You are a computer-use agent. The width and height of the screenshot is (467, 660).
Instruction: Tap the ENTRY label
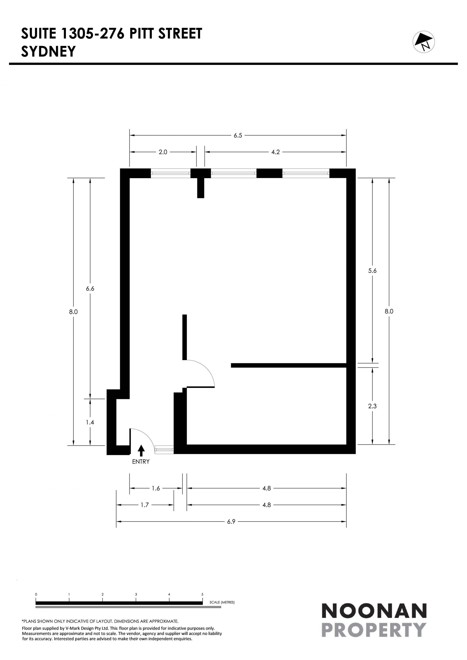pyautogui.click(x=141, y=462)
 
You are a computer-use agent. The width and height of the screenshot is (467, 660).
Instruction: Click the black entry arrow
pyautogui.click(x=141, y=450)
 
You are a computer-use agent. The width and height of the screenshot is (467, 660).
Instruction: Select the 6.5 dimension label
pyautogui.click(x=238, y=135)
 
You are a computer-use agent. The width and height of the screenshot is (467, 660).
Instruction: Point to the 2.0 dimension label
pyautogui.click(x=163, y=152)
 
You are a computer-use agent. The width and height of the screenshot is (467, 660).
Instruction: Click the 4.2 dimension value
pyautogui.click(x=276, y=152)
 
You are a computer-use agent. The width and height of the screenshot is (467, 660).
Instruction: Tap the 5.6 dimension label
pyautogui.click(x=372, y=271)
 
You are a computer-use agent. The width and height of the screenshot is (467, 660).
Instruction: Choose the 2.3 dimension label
pyautogui.click(x=372, y=406)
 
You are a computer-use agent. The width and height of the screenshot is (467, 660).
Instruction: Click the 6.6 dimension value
pyautogui.click(x=90, y=289)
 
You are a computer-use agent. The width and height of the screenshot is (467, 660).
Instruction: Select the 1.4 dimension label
pyautogui.click(x=90, y=422)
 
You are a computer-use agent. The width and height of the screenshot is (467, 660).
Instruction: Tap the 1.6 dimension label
pyautogui.click(x=156, y=488)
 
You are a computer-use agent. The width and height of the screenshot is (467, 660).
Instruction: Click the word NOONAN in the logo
pyautogui.click(x=374, y=611)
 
